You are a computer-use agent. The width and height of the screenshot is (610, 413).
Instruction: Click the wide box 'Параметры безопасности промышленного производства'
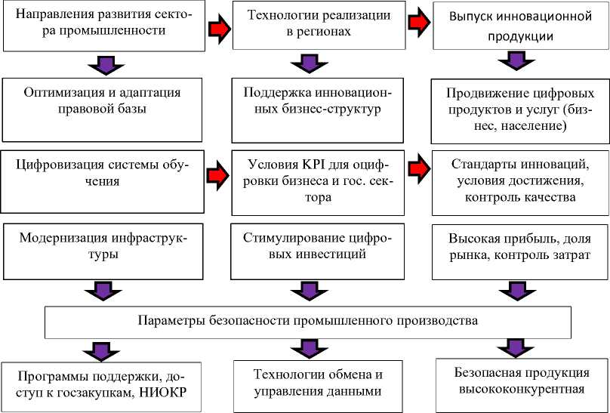[x=308, y=321]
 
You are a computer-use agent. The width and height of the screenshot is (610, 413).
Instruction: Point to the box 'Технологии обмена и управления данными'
[x=307, y=384]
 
